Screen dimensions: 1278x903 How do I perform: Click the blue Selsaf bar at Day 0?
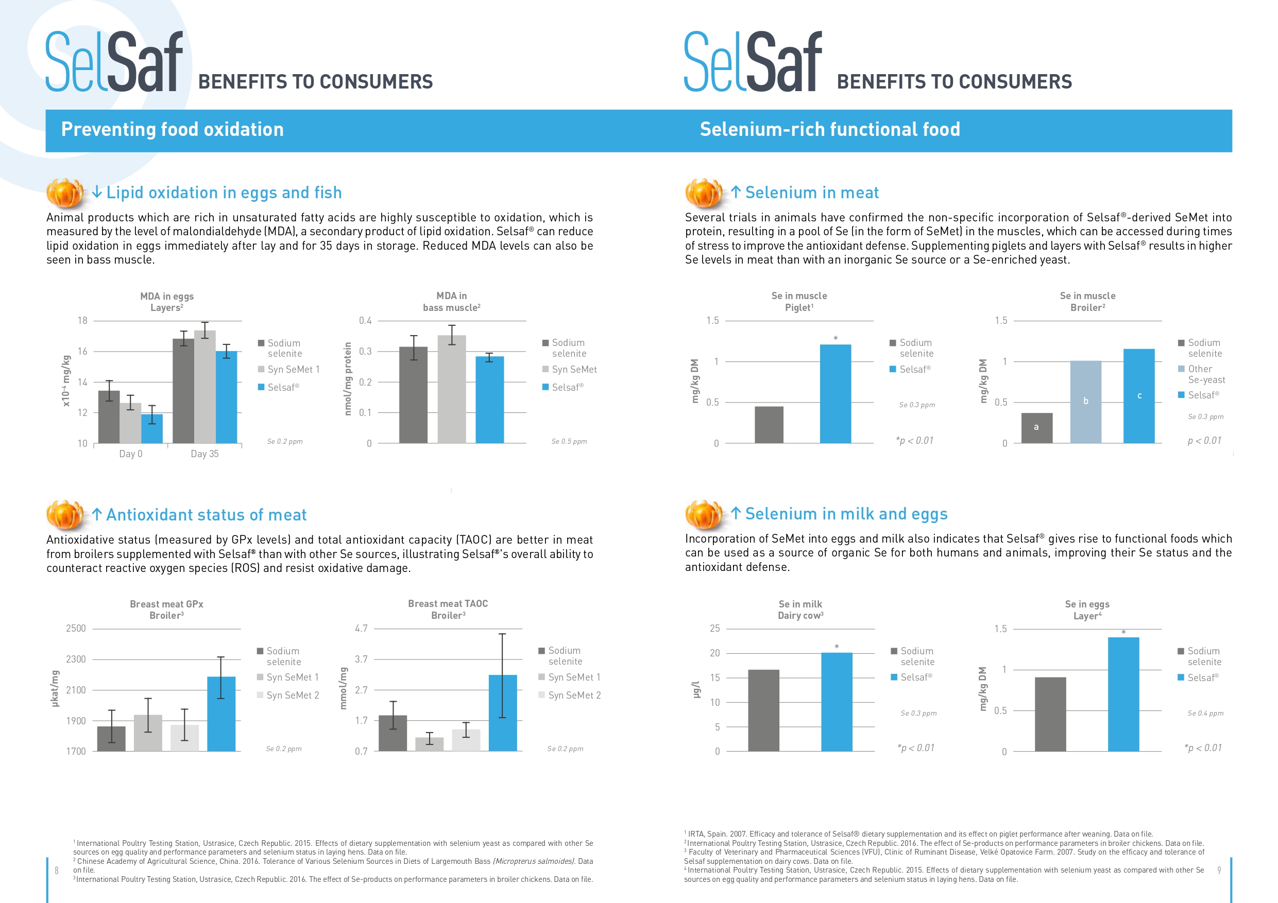point(152,428)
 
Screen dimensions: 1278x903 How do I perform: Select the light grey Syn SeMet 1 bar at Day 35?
point(205,387)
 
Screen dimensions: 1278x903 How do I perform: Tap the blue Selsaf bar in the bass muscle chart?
point(489,400)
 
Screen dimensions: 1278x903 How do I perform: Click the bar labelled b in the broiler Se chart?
point(1085,402)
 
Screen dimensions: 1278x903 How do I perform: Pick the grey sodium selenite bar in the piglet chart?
point(769,425)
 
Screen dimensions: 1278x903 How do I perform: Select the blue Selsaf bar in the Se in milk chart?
point(837,702)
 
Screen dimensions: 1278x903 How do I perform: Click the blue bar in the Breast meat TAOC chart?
point(503,713)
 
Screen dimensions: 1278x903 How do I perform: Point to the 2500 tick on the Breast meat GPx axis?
point(76,628)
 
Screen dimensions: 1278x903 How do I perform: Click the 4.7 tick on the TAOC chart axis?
point(361,628)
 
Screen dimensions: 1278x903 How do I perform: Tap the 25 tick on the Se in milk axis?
point(714,628)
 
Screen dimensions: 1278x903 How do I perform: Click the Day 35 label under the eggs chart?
point(205,454)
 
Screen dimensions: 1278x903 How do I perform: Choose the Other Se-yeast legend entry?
point(1202,374)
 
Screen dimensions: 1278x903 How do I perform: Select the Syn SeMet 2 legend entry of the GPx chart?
point(288,695)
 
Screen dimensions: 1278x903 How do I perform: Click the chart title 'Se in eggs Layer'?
point(1087,610)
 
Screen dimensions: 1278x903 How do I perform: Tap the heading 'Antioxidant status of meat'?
point(207,515)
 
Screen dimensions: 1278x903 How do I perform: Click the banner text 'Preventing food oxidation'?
point(173,129)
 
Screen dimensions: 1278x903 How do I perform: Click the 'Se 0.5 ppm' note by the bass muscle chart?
point(569,441)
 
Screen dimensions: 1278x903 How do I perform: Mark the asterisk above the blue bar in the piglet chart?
point(836,338)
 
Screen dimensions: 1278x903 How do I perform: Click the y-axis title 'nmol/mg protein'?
point(348,378)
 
